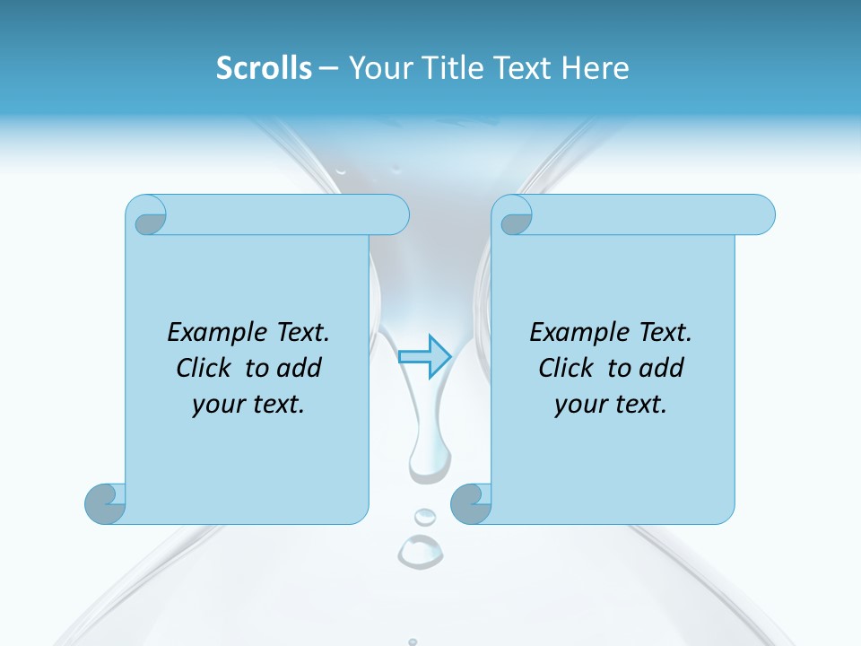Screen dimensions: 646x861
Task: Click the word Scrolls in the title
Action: (264, 68)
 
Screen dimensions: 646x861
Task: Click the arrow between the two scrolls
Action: (424, 356)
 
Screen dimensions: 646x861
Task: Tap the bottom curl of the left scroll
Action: (105, 503)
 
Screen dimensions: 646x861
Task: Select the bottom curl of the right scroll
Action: (471, 503)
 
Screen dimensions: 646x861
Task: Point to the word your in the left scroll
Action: (216, 405)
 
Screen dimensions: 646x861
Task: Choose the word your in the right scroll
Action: (578, 405)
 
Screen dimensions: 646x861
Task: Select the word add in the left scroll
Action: (300, 368)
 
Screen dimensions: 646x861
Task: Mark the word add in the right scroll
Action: (662, 368)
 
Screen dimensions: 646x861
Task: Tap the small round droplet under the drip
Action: (424, 517)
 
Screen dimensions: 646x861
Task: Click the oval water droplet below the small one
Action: (420, 550)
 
